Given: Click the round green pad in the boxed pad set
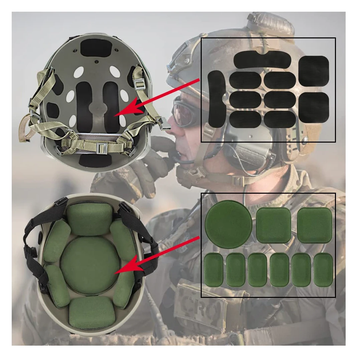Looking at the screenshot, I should click(x=228, y=224).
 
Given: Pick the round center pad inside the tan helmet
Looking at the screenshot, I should click(x=90, y=265).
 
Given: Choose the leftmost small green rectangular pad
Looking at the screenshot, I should click(x=213, y=269).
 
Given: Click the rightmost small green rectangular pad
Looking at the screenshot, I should click(x=323, y=269).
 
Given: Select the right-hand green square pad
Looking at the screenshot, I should click(x=314, y=225).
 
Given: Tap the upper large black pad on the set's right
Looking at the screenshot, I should click(x=314, y=70).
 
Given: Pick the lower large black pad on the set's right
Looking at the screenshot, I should click(x=314, y=107).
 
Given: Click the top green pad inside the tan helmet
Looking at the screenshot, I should click(x=89, y=219).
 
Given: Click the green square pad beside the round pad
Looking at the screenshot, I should click(x=274, y=225).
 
